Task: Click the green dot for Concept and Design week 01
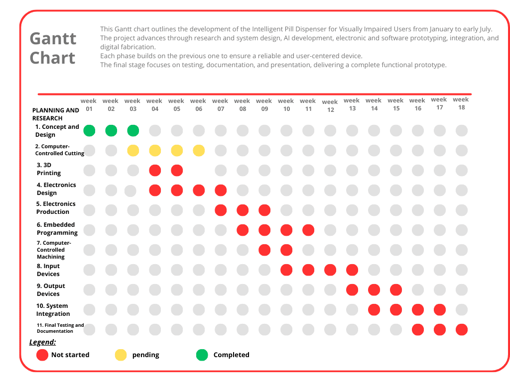(89, 131)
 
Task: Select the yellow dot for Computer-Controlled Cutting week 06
(199, 150)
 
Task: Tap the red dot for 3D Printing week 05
(177, 170)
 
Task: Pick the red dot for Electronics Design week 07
(221, 190)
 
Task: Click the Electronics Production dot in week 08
(243, 210)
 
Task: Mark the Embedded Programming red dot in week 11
(308, 230)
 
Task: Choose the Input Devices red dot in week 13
(352, 270)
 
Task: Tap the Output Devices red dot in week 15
(396, 289)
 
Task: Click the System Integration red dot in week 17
(440, 309)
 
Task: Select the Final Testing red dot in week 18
(462, 329)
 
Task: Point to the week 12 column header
(330, 106)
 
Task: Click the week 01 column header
(89, 104)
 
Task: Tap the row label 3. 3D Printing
(49, 169)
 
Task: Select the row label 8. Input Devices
(48, 270)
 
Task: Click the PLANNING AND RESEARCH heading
(55, 114)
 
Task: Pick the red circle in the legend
(42, 355)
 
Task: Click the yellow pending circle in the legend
(121, 355)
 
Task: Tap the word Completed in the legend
(231, 355)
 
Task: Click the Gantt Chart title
(53, 48)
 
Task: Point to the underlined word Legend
(42, 342)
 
